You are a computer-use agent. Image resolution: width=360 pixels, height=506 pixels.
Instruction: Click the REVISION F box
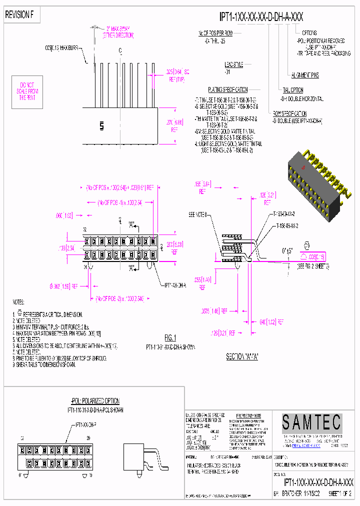click(19, 15)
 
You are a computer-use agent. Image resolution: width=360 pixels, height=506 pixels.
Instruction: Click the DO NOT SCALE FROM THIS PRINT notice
click(29, 91)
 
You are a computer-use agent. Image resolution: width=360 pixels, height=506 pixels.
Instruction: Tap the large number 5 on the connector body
click(101, 126)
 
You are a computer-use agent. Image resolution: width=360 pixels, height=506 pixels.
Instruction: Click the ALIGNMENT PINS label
click(304, 75)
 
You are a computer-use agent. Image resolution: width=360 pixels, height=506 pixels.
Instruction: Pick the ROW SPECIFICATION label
click(289, 113)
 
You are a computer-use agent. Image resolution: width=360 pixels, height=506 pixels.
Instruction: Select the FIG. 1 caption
click(171, 337)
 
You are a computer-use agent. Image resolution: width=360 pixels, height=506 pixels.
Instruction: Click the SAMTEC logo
click(311, 423)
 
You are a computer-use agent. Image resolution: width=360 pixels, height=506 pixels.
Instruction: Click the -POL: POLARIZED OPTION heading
click(95, 401)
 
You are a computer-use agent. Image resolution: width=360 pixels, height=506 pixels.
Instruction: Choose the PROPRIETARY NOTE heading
click(248, 415)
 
